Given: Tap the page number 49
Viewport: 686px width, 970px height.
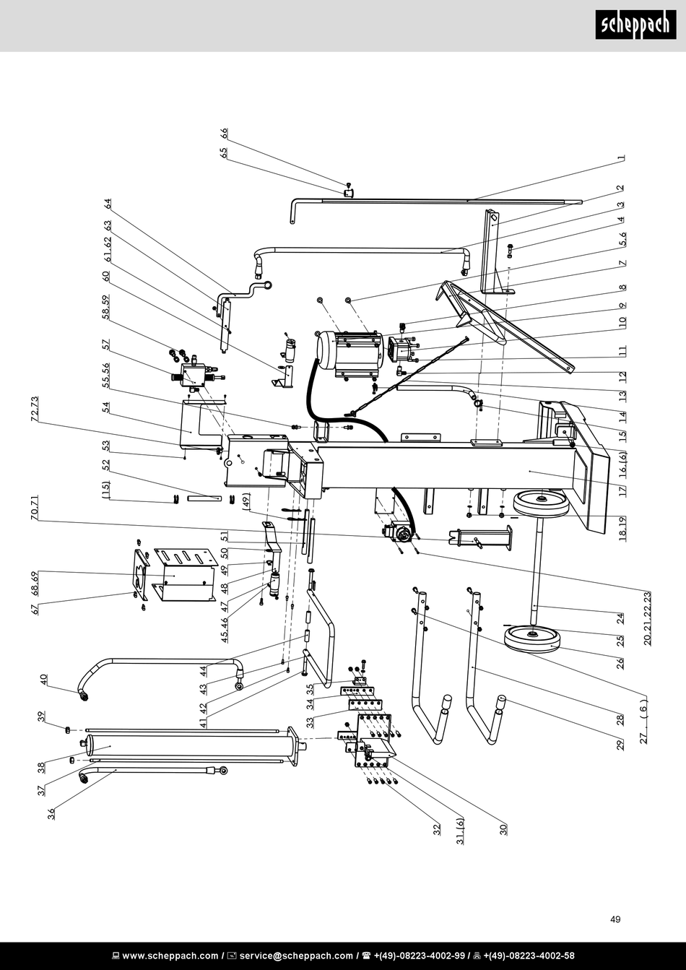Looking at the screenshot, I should pyautogui.click(x=615, y=919).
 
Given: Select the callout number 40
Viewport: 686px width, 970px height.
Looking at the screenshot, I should pyautogui.click(x=43, y=680).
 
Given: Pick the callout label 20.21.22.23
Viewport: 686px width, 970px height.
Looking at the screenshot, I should pyautogui.click(x=647, y=618).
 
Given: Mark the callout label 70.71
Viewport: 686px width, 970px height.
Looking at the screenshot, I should pyautogui.click(x=35, y=509).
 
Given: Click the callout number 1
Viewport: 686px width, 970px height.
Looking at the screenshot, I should pyautogui.click(x=621, y=158).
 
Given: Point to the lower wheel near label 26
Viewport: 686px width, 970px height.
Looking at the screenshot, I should pyautogui.click(x=533, y=638).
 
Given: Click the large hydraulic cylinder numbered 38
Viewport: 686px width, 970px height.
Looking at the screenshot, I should pyautogui.click(x=188, y=745).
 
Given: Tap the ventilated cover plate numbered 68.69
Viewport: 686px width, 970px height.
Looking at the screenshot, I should pyautogui.click(x=186, y=574).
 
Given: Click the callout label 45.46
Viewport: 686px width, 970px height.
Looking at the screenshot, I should pyautogui.click(x=225, y=629).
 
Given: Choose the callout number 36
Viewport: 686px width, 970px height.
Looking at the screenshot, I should pyautogui.click(x=51, y=814).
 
